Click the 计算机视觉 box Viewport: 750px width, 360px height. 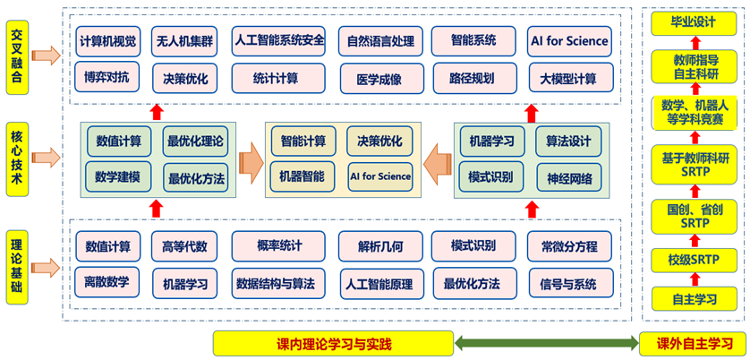coord(108,40)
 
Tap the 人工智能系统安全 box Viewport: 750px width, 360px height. coord(278,40)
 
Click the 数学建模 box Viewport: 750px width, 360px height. coord(119,175)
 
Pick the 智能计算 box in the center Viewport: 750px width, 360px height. coord(303,141)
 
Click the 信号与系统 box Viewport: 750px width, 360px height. coord(569,285)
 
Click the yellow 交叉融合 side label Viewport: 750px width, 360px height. coord(17,55)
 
